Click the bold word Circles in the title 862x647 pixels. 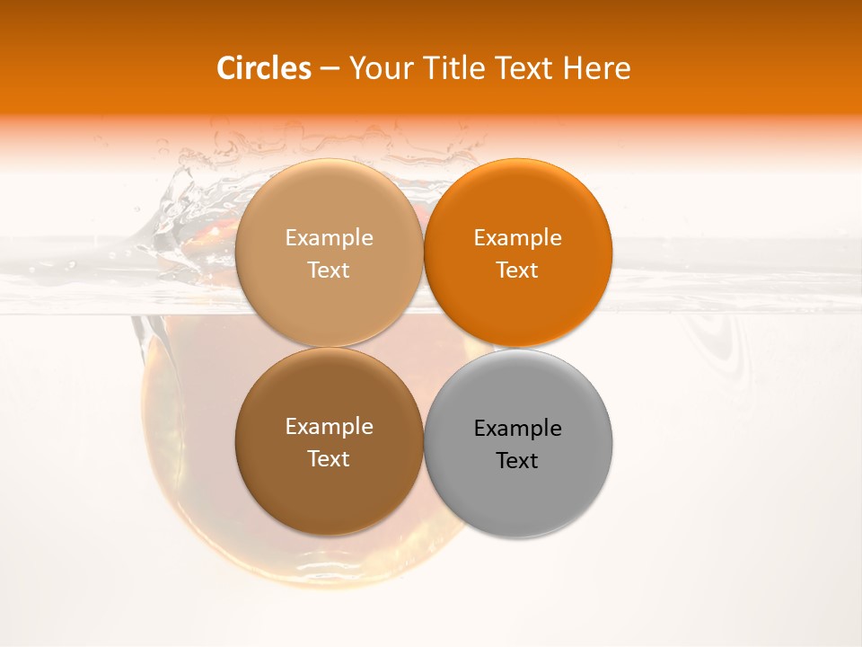pyautogui.click(x=264, y=68)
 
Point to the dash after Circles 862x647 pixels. pyautogui.click(x=330, y=69)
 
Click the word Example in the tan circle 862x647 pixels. pyautogui.click(x=329, y=238)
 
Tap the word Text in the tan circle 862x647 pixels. pyautogui.click(x=329, y=270)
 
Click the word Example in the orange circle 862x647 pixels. pyautogui.click(x=517, y=238)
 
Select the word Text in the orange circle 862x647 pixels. pyautogui.click(x=517, y=270)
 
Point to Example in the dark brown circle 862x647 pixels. pyautogui.click(x=329, y=427)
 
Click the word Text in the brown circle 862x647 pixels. pyautogui.click(x=329, y=459)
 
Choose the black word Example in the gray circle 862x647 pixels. pyautogui.click(x=517, y=429)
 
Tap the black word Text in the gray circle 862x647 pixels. pyautogui.click(x=517, y=461)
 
